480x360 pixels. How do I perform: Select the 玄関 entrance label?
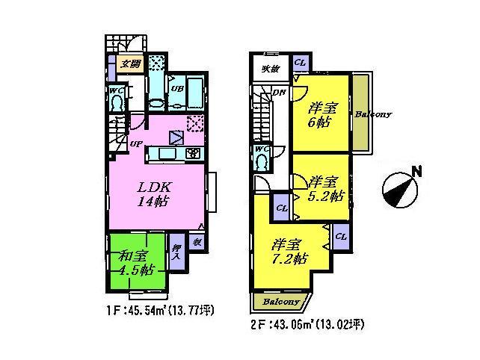pyautogui.click(x=131, y=64)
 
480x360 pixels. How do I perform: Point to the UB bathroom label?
pyautogui.click(x=177, y=88)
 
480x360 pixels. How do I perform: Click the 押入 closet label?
pyautogui.click(x=176, y=252)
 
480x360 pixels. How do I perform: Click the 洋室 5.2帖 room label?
pyautogui.click(x=325, y=189)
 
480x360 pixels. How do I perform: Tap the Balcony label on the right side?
pyautogui.click(x=373, y=115)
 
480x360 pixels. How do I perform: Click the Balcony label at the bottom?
pyautogui.click(x=280, y=302)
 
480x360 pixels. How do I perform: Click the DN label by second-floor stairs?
pyautogui.click(x=277, y=93)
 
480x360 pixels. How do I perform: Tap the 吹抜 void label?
pyautogui.click(x=268, y=69)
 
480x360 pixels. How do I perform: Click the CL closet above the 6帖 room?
pyautogui.click(x=299, y=63)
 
